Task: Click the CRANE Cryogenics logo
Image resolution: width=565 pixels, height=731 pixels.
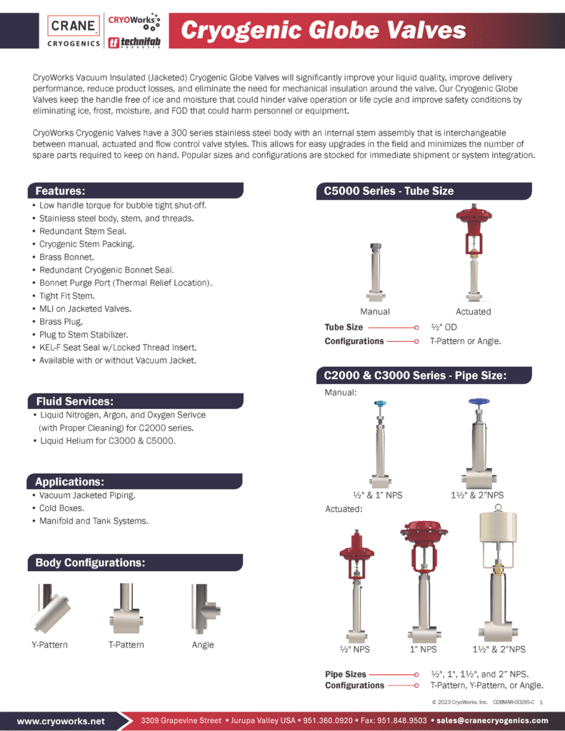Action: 73,32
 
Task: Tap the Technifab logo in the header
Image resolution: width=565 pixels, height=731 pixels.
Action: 134,42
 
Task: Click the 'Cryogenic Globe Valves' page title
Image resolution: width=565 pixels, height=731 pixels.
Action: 323,31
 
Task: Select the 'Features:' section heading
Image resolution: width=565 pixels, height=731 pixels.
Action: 61,191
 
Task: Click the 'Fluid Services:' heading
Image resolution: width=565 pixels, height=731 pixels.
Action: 75,401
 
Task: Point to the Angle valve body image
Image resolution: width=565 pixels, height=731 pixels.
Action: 203,608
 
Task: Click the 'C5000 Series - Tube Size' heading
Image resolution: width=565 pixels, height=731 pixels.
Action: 389,191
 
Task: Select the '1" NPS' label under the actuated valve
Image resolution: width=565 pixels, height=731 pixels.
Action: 424,649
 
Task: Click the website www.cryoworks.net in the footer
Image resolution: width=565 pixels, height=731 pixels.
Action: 61,720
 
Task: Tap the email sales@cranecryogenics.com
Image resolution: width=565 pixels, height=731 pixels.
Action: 493,720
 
